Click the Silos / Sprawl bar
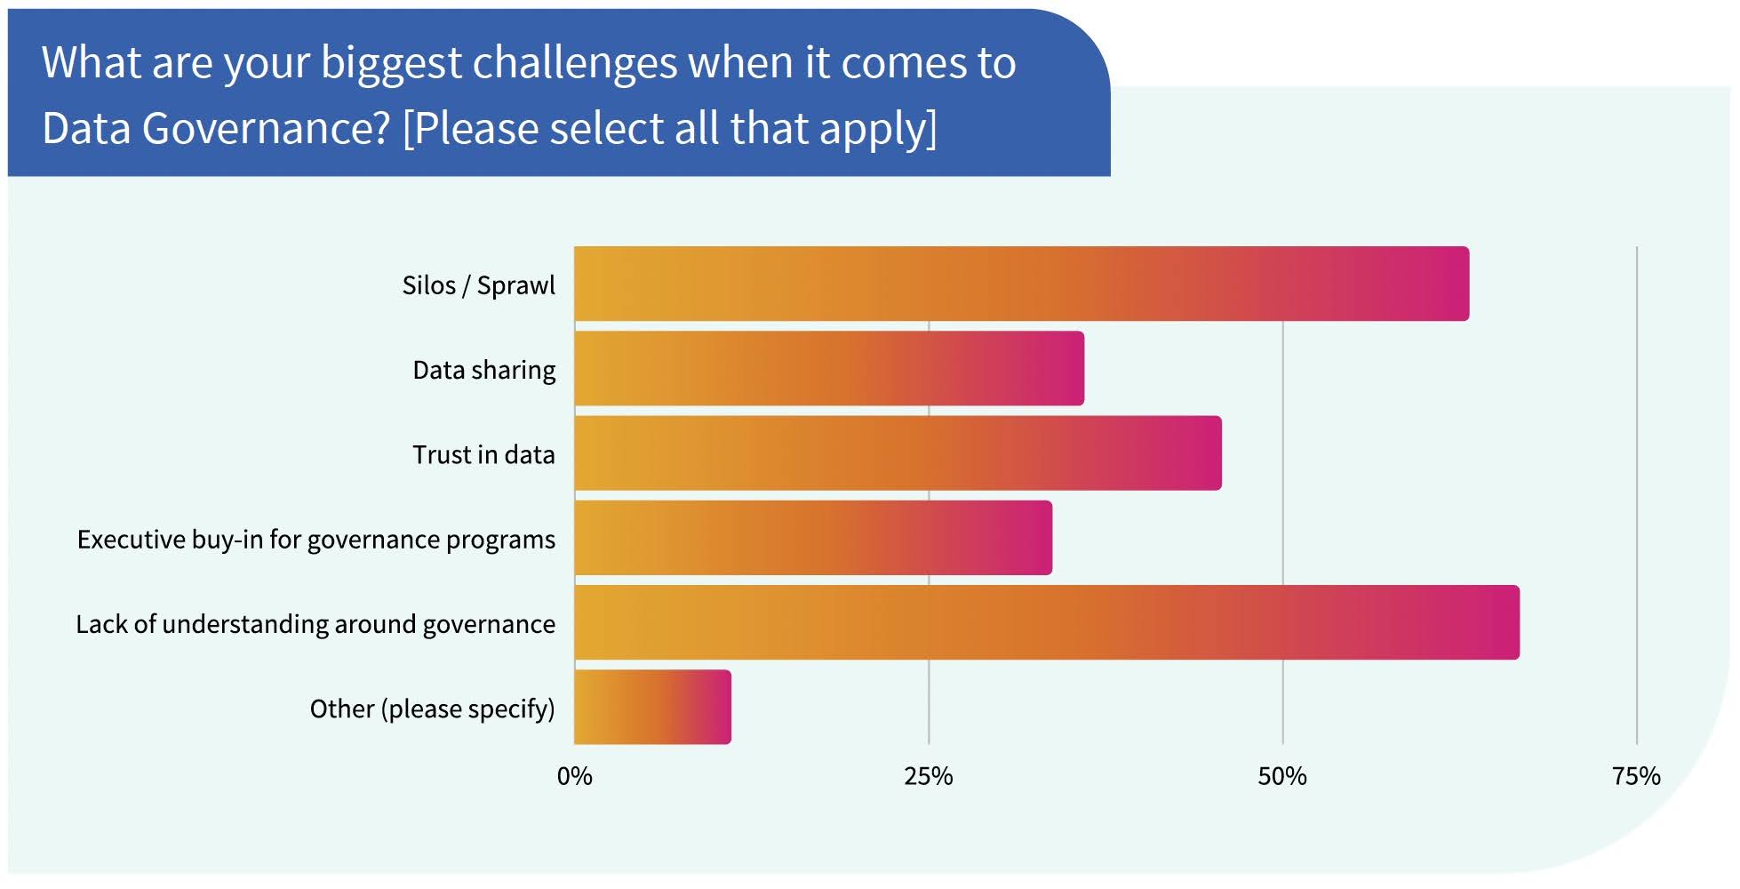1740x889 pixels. click(1021, 284)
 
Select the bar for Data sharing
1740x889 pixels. click(829, 368)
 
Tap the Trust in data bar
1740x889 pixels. click(898, 453)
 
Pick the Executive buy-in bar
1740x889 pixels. click(813, 538)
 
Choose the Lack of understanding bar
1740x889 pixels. click(1047, 622)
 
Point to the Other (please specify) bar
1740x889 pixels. click(652, 707)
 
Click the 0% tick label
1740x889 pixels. click(574, 776)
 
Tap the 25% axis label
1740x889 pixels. click(928, 776)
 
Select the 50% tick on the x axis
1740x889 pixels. click(1281, 776)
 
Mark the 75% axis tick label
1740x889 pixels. click(1636, 776)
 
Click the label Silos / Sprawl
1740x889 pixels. click(478, 285)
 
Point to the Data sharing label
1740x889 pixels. click(483, 370)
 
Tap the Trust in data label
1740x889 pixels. click(483, 454)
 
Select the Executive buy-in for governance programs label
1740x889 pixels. click(315, 540)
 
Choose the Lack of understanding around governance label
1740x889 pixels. click(315, 624)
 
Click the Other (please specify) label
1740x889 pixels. click(432, 709)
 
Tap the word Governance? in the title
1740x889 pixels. click(266, 129)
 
